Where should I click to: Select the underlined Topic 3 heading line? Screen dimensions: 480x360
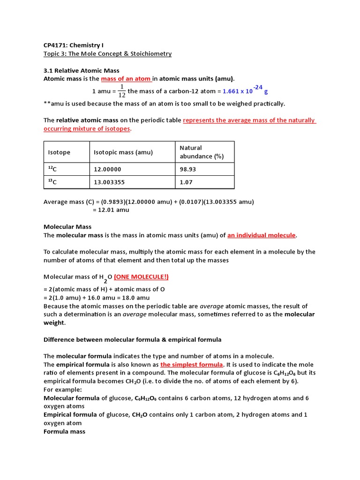[x=107, y=54]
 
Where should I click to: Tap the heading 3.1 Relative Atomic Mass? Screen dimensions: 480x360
[x=81, y=70]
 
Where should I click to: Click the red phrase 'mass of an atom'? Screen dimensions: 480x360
[x=126, y=79]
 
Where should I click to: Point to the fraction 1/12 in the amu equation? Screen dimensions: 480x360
[x=121, y=91]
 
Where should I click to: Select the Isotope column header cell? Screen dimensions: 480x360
[x=59, y=152]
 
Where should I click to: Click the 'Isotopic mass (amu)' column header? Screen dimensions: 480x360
[x=123, y=152]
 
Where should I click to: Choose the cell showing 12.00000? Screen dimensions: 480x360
[x=107, y=169]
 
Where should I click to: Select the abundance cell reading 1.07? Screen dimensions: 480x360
[x=186, y=182]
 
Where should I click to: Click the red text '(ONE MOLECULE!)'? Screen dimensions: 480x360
[x=141, y=277]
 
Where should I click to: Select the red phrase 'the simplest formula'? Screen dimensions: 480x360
[x=192, y=365]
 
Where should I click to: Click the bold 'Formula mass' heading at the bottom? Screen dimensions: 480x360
[x=64, y=431]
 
